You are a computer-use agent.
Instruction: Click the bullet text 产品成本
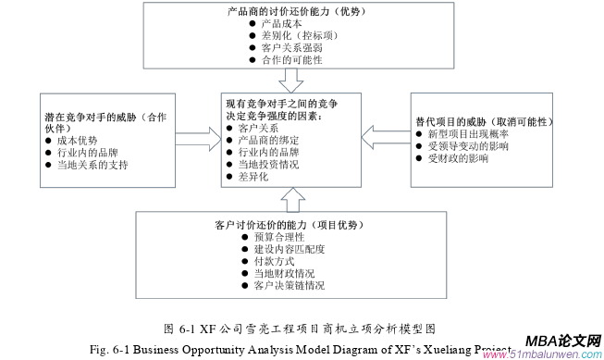click(282, 21)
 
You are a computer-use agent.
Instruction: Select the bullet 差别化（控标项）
click(298, 33)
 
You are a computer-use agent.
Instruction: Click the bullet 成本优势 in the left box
click(77, 140)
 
